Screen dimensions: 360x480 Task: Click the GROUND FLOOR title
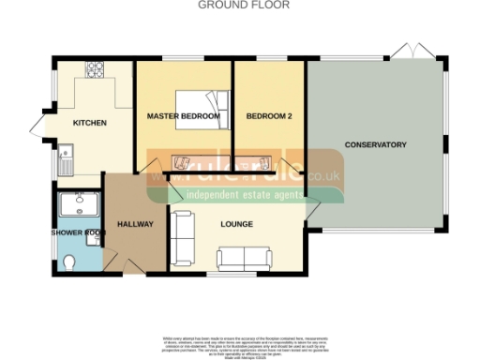coord(244,5)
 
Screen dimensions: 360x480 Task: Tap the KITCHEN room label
coord(89,123)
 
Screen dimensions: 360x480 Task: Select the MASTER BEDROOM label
coord(184,116)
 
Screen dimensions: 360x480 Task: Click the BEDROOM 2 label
coord(268,116)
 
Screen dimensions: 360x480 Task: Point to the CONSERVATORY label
coord(375,145)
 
